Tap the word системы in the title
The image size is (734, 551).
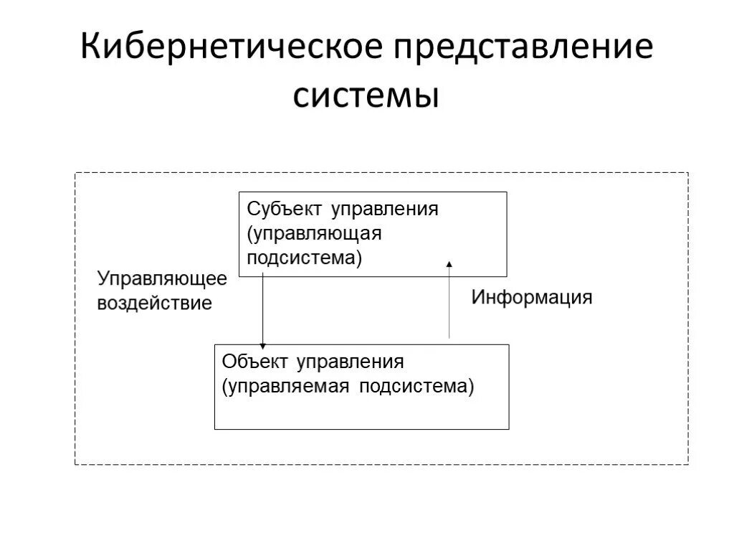(366, 95)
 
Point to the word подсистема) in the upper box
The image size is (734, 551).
(305, 258)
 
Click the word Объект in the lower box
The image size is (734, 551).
(257, 362)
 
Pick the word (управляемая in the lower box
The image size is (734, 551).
(285, 387)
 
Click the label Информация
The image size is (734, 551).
(532, 297)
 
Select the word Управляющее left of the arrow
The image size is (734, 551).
(162, 278)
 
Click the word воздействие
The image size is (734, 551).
(155, 303)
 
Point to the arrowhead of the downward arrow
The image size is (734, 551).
(262, 346)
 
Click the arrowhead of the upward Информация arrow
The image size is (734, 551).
(449, 264)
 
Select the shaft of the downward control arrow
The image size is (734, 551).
(262, 309)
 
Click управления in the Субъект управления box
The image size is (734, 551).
(384, 209)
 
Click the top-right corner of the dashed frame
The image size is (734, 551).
(687, 173)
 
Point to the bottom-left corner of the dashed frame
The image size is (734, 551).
(75, 464)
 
